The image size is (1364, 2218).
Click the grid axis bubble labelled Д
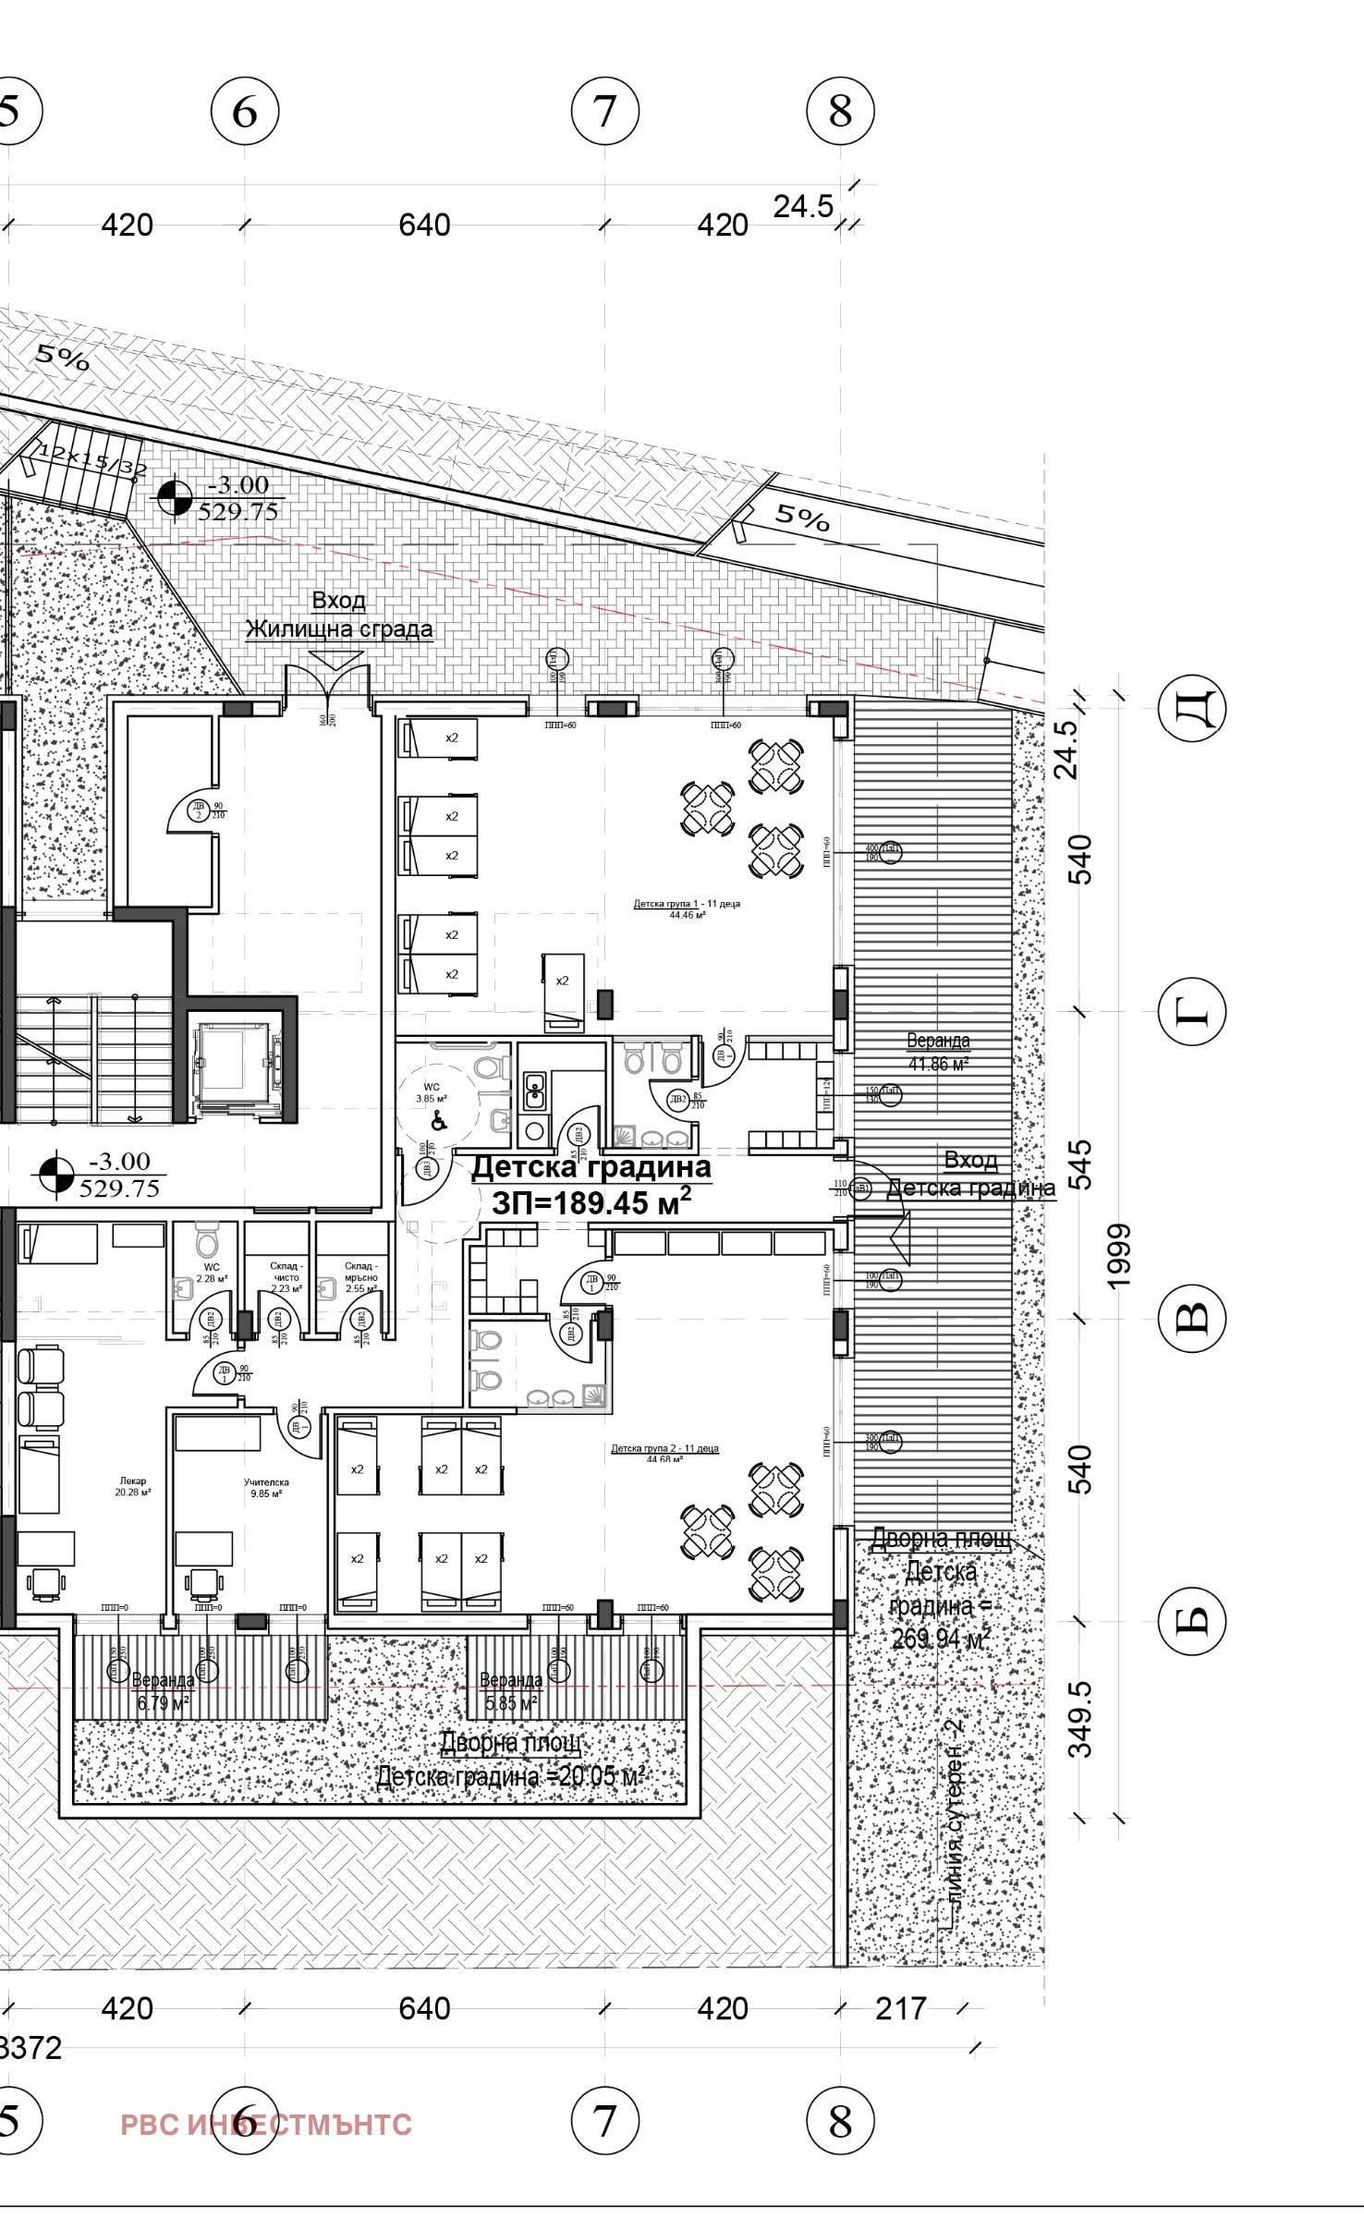(x=1191, y=709)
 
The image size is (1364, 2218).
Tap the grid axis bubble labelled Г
(x=1191, y=1012)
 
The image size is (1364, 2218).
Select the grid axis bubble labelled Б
(x=1191, y=1619)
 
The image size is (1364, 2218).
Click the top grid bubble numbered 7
(x=605, y=112)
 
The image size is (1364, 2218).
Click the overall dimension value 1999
(x=1119, y=1257)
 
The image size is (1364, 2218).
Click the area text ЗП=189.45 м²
(x=591, y=1202)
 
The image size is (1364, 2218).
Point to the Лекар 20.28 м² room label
(x=133, y=1486)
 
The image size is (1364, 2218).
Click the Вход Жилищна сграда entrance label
(x=339, y=615)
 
